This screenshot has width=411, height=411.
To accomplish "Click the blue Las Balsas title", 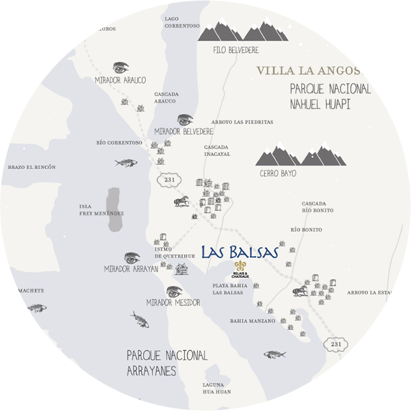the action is point(240,252).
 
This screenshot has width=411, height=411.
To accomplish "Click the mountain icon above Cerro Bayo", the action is point(300,155).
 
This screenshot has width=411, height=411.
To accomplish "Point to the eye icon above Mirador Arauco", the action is point(121,68).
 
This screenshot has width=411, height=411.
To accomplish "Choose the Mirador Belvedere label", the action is point(183,131).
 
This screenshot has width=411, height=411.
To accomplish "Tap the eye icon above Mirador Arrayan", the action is point(132,258).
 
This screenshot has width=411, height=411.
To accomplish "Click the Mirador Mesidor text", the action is point(173,303).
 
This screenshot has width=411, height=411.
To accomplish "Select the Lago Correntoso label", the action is point(182,23).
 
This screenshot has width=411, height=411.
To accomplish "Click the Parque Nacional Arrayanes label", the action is point(167,363).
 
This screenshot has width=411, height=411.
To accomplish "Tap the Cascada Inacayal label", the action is point(217,150).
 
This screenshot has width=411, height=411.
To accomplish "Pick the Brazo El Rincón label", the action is point(32,167).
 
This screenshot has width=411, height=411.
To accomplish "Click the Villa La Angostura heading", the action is point(310,71).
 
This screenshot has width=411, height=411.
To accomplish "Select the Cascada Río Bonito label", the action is point(317,207).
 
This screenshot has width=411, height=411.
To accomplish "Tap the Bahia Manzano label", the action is point(253,321).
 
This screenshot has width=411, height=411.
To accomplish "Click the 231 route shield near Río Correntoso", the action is point(168,179).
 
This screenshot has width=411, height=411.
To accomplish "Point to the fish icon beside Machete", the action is point(38,308).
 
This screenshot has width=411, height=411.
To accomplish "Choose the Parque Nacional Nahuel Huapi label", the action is point(330,96).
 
